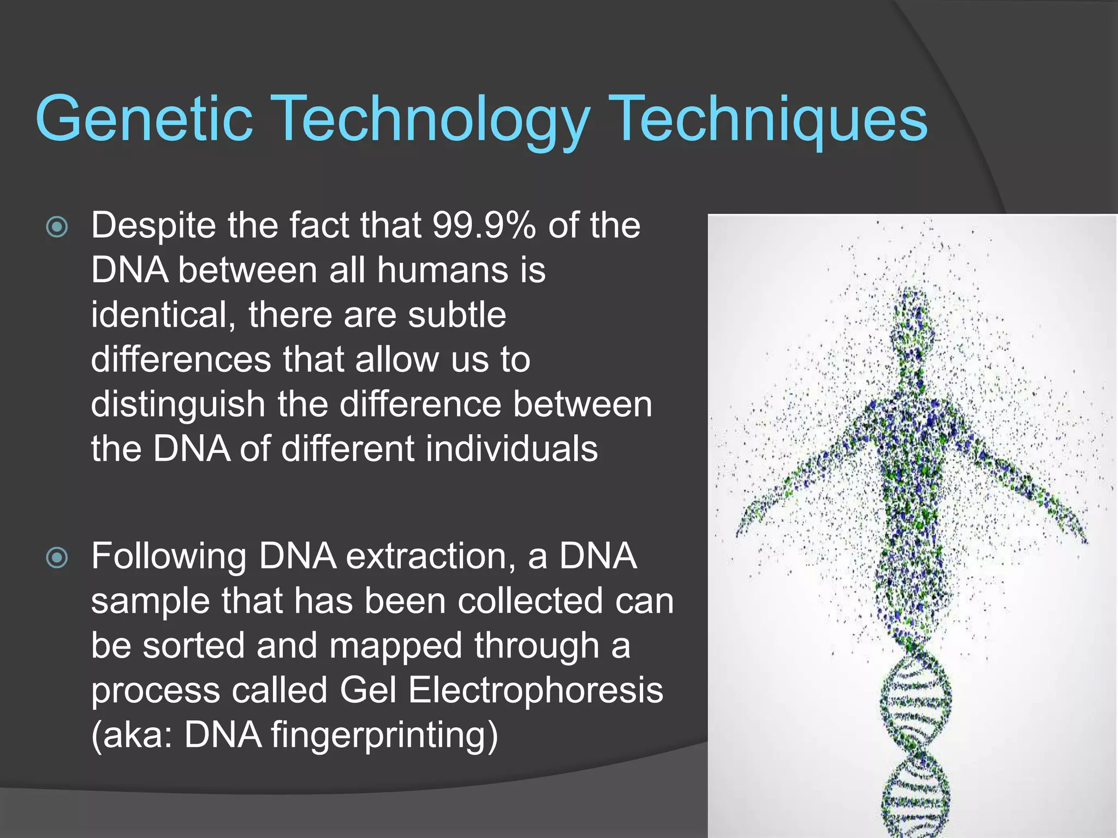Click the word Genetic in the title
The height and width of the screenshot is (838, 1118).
144,118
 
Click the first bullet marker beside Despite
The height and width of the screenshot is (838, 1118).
57,227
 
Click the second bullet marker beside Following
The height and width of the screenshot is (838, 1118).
57,558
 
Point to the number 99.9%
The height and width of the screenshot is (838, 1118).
483,225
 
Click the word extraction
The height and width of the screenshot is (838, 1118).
430,556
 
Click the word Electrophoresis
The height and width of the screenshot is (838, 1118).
535,690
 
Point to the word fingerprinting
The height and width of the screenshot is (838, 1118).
384,735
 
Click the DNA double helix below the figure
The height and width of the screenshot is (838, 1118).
915,747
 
